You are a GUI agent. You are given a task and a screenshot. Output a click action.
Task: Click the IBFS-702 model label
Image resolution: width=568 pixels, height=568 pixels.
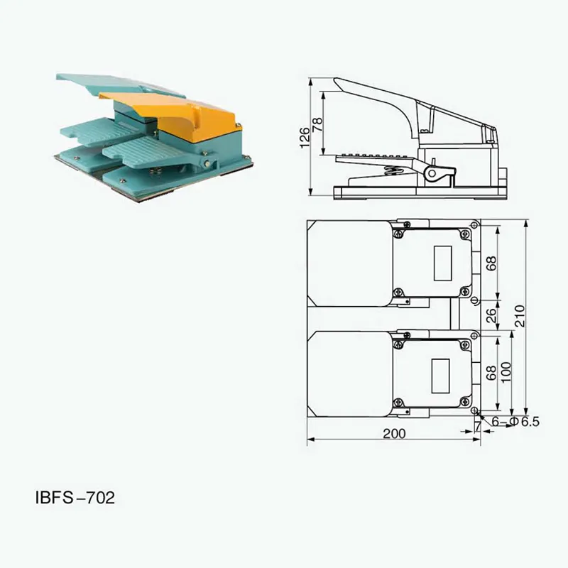[x=75, y=498]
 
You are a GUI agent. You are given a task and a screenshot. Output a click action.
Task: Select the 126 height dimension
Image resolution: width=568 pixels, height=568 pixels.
[x=305, y=137]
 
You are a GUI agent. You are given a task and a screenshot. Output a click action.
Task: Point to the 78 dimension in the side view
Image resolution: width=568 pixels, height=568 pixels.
[x=317, y=124]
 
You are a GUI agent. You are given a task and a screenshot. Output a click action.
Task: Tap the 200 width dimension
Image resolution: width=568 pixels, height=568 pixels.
[x=394, y=434]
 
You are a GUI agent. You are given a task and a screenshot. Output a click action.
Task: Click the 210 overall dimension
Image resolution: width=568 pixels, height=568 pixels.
[x=520, y=316]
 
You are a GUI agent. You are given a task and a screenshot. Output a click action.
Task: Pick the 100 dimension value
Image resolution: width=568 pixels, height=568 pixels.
[x=506, y=371]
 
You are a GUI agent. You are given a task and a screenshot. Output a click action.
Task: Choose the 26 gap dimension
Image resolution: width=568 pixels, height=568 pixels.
[x=491, y=315]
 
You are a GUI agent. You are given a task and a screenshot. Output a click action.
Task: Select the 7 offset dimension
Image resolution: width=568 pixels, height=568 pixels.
[x=478, y=427]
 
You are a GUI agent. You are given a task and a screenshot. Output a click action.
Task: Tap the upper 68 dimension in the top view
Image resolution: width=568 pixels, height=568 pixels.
[x=491, y=263]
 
